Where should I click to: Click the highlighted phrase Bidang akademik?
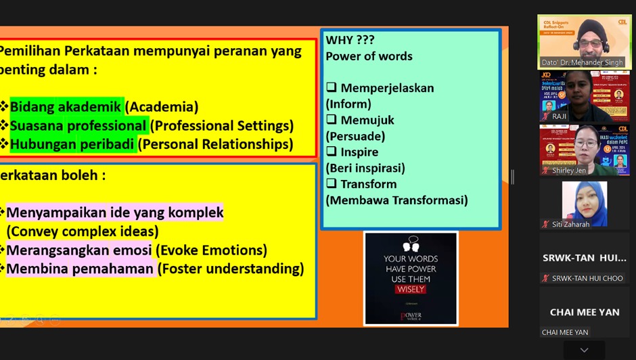click(66, 107)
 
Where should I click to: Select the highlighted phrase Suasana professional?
click(78, 126)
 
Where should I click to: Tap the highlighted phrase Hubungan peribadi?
click(73, 144)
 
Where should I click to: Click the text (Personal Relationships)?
click(217, 144)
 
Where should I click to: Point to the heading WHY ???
click(350, 41)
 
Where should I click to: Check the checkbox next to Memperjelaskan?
click(332, 88)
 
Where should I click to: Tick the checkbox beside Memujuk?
click(332, 120)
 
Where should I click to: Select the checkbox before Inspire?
click(332, 152)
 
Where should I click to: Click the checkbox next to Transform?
click(332, 184)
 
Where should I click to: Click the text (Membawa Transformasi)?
click(396, 200)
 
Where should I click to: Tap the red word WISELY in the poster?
click(411, 290)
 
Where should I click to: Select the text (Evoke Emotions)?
click(211, 250)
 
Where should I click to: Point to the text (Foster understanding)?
click(231, 269)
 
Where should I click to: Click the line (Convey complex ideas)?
click(83, 231)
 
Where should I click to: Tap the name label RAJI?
click(559, 116)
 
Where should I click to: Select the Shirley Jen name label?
click(568, 171)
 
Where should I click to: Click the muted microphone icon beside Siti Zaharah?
click(545, 225)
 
